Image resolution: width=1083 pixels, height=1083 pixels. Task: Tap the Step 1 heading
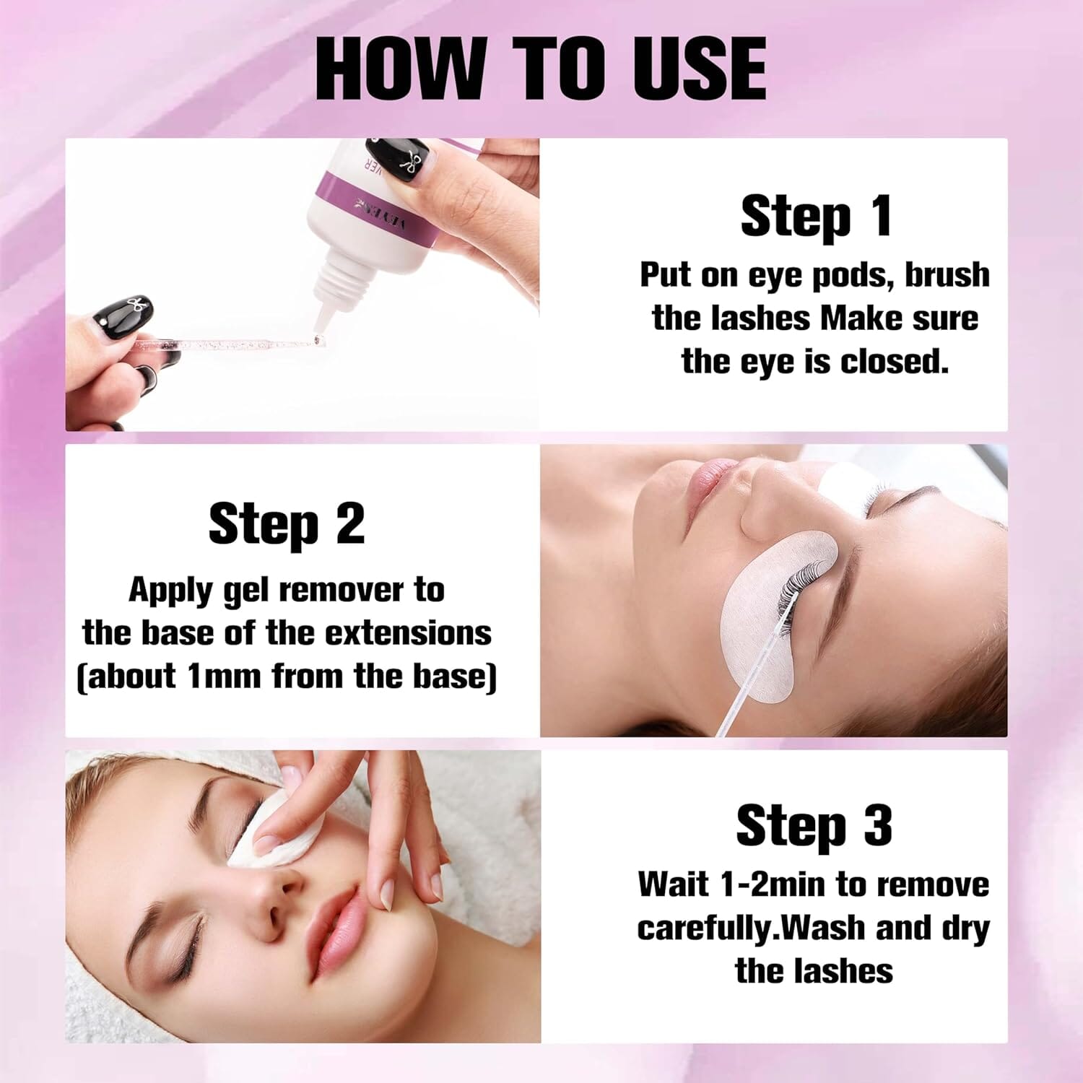tap(816, 216)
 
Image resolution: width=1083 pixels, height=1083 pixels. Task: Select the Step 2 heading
tap(287, 524)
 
